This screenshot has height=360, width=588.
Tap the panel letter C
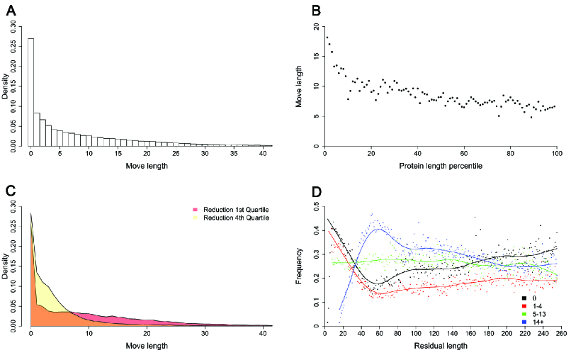10,190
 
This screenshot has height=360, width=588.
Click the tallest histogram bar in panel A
30,92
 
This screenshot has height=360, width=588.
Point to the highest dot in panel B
327,38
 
